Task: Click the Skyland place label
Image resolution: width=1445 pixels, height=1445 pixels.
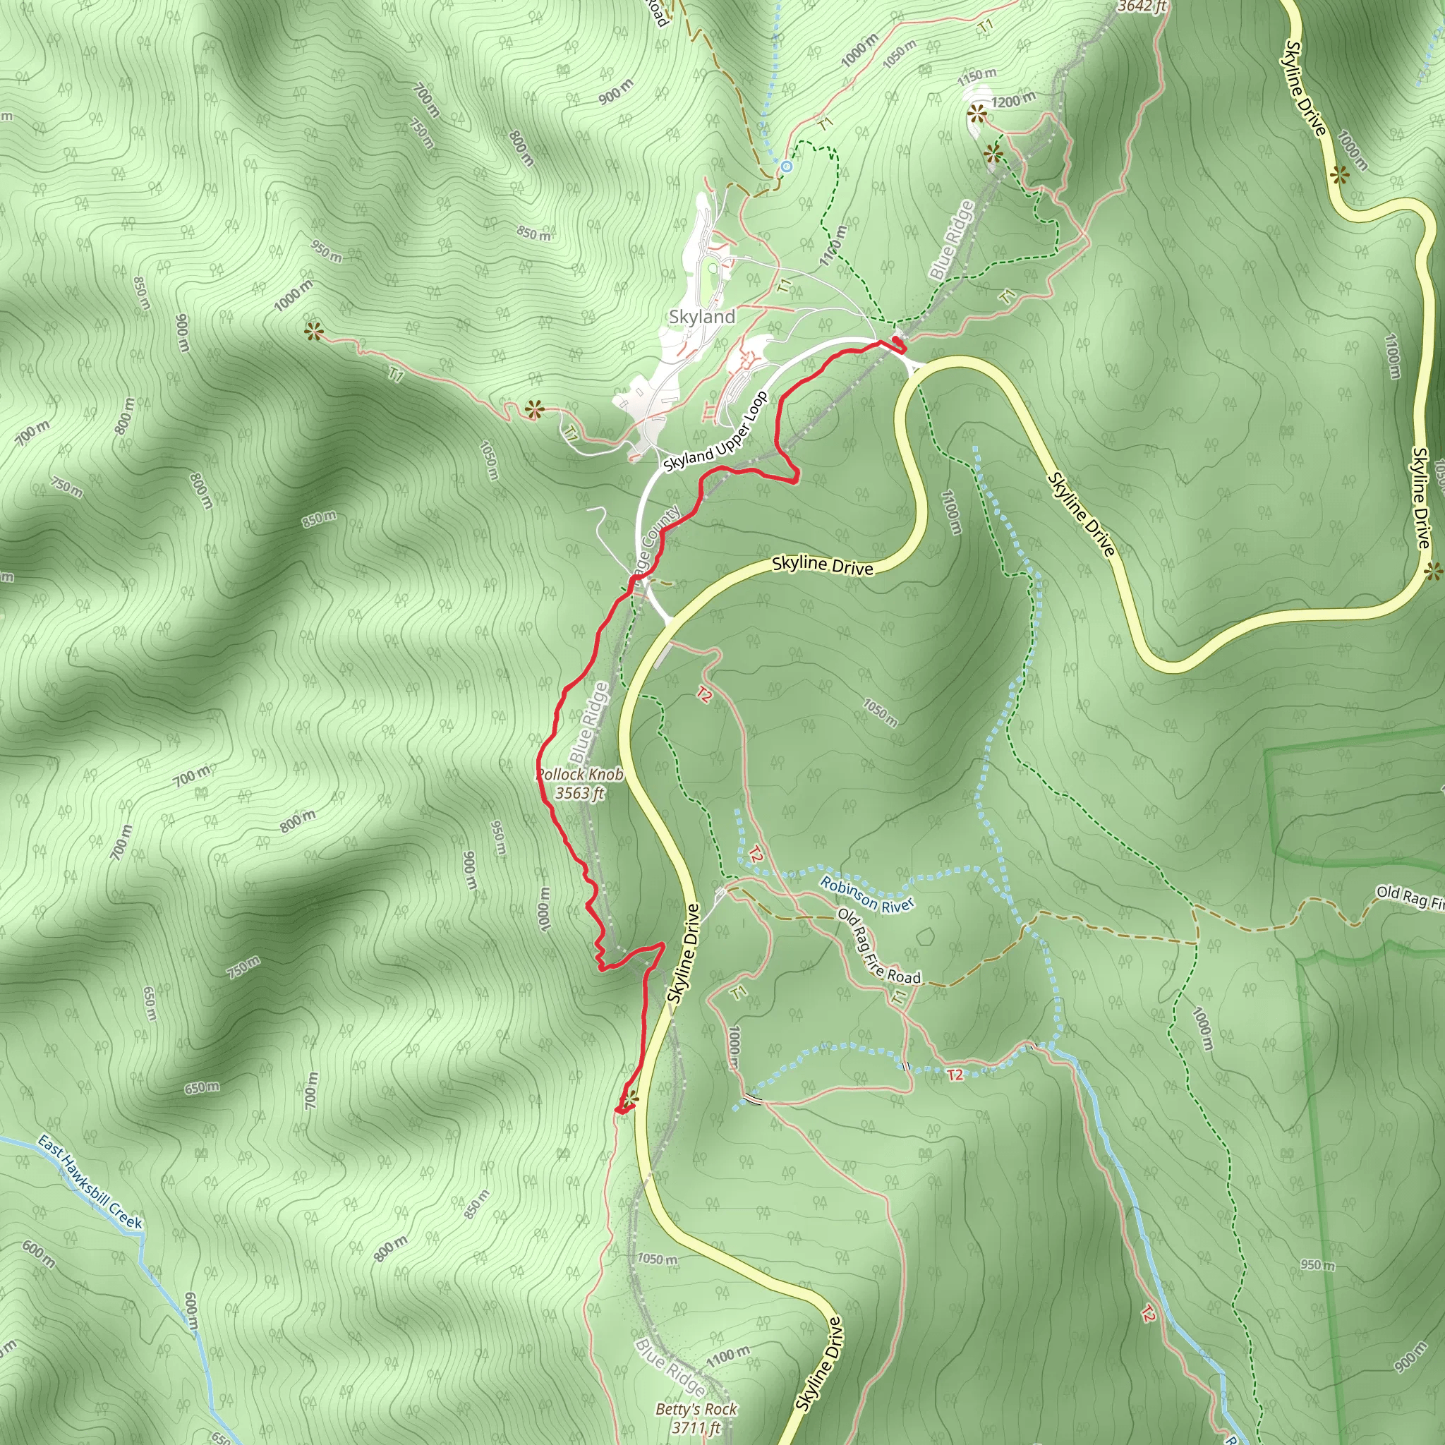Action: click(701, 316)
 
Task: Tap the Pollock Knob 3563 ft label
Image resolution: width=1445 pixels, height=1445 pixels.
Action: click(581, 783)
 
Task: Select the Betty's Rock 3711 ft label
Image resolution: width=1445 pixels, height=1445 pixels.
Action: click(696, 1418)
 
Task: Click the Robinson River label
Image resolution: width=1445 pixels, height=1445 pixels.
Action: click(867, 895)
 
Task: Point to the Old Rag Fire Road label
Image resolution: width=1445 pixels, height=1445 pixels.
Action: click(879, 946)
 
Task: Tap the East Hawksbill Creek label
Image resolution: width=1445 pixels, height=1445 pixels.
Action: click(90, 1182)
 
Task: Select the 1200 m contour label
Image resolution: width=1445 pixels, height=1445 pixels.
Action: click(1013, 99)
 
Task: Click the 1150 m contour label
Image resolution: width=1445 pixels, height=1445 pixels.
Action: click(977, 75)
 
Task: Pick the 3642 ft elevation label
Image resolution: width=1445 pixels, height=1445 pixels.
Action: click(1142, 7)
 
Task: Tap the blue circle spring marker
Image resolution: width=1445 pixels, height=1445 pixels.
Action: click(785, 166)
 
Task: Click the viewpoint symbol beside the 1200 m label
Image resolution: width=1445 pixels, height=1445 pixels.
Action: click(976, 114)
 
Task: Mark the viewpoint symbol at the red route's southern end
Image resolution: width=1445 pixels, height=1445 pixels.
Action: click(631, 1098)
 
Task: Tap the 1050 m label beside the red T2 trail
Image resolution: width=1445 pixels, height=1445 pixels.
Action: click(881, 712)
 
